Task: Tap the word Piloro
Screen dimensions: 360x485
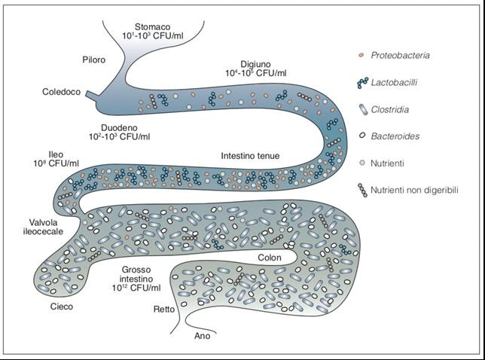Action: [95, 59]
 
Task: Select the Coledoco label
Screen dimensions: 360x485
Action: [63, 93]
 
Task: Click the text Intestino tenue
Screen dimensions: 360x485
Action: [250, 156]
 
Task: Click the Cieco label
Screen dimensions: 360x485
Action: [54, 307]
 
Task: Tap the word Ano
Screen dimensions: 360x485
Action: [202, 336]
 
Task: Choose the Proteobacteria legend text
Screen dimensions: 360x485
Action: [407, 55]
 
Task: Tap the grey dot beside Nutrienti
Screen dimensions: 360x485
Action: [363, 163]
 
